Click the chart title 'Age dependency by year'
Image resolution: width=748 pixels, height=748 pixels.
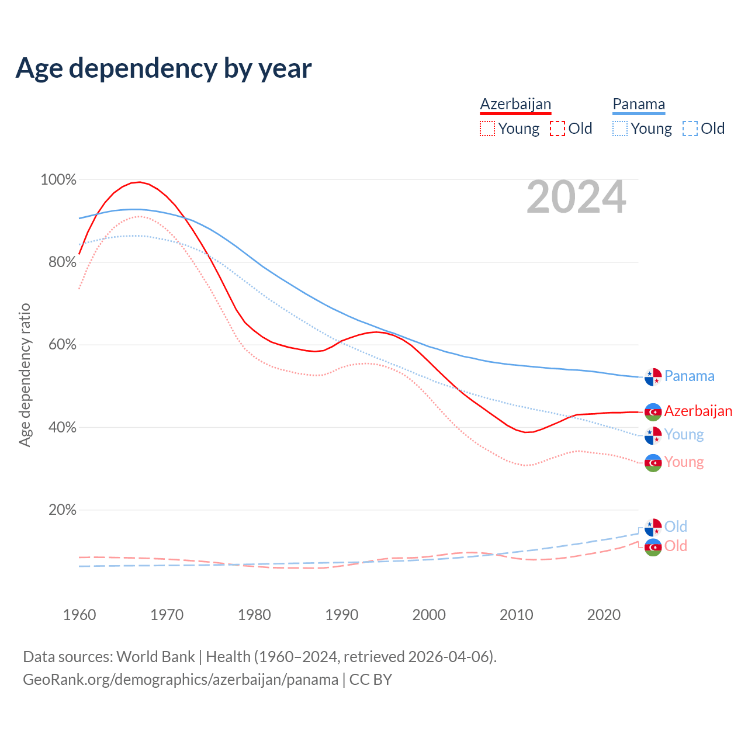point(164,68)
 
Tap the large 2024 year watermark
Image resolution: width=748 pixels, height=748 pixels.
point(576,198)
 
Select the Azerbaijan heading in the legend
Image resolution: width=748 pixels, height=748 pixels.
point(515,104)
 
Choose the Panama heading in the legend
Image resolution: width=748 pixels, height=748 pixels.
point(639,104)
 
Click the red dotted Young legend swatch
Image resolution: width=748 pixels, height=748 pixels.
point(487,129)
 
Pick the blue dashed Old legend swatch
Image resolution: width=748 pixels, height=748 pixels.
point(690,129)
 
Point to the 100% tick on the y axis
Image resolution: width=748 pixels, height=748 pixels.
point(58,180)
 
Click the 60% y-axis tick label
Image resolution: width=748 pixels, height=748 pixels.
point(58,345)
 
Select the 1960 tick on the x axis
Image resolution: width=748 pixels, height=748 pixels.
point(79,615)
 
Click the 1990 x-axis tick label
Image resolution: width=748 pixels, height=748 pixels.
point(342,615)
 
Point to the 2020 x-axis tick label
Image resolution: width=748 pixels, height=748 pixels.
point(604,615)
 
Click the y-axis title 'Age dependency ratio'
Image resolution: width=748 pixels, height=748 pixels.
point(25,375)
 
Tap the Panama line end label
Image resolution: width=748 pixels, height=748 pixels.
point(689,376)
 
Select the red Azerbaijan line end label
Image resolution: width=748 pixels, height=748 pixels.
point(698,411)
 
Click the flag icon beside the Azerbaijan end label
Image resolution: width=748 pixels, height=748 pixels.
point(653,412)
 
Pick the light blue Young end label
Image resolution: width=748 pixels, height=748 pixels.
point(684,434)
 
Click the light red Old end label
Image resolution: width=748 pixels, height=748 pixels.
point(676,546)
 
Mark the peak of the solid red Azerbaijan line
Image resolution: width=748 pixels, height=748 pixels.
point(139,182)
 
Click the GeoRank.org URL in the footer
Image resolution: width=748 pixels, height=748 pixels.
point(181,680)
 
